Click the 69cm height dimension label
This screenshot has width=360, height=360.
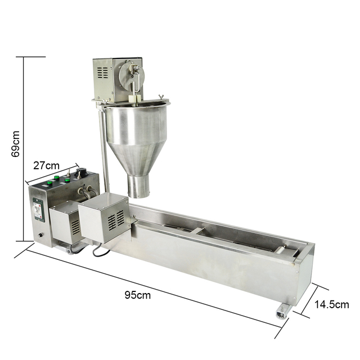coord(16,144)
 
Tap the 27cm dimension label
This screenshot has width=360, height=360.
coord(46,165)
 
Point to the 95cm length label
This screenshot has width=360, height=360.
coord(138,295)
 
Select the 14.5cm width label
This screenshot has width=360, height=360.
coord(331,304)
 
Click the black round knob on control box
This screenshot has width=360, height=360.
coord(82,172)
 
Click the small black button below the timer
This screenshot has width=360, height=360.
coord(40,235)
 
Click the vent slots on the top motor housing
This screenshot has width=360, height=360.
coord(102,73)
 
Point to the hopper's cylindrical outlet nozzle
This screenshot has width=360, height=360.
coord(138,186)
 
